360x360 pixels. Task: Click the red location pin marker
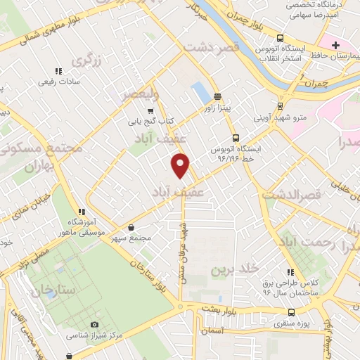pos(181,165)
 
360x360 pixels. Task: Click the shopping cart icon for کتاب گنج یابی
pos(150,111)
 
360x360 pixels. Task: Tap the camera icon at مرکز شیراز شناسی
pos(94,324)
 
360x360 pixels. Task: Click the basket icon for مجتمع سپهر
pos(133,227)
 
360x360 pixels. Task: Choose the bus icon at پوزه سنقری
pos(290,312)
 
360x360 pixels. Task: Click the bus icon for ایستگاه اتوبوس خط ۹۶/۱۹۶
pos(235,139)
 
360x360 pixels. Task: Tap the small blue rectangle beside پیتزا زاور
pos(200,93)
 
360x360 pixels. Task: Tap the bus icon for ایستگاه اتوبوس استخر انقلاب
pos(281,38)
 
